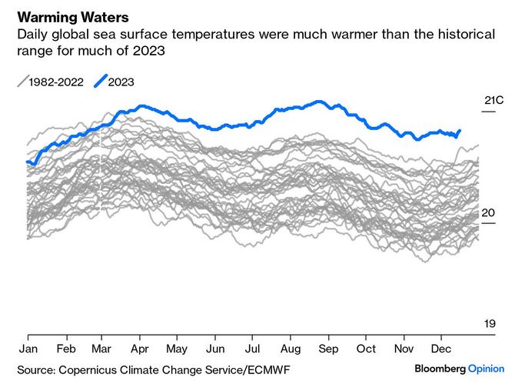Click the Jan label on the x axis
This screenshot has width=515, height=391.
coord(28,347)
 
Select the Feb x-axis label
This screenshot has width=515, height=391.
coord(66,347)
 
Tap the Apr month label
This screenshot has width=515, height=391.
coord(139,347)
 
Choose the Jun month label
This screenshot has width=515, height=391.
coord(215,347)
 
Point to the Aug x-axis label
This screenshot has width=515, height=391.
coord(291,347)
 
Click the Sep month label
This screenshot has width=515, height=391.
coord(329,347)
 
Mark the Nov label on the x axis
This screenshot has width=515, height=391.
coord(404,347)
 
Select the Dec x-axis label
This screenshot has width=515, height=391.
coord(441,347)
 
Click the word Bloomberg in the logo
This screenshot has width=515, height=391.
coord(440,369)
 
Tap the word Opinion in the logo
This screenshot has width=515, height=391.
coord(487,369)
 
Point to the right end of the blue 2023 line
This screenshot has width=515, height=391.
coord(460,131)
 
